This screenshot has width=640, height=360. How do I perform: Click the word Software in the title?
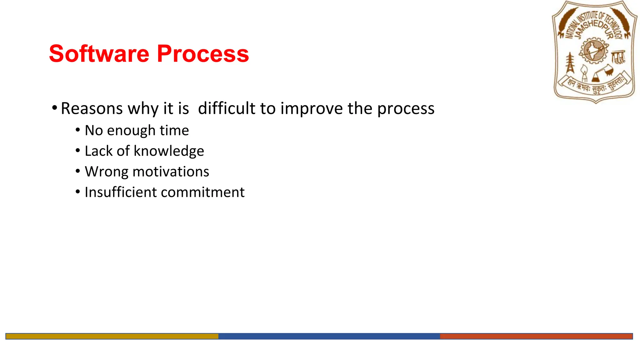[x=99, y=54]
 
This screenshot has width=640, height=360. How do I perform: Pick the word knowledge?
[x=169, y=152]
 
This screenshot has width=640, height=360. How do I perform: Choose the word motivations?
[x=171, y=172]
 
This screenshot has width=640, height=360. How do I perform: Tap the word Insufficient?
[x=120, y=192]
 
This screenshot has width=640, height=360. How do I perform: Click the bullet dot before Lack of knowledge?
[x=78, y=151]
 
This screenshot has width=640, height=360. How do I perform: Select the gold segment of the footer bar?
[x=112, y=336]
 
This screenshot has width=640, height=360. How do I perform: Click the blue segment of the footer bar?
[x=329, y=336]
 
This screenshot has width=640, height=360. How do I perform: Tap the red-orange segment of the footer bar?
[x=536, y=336]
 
